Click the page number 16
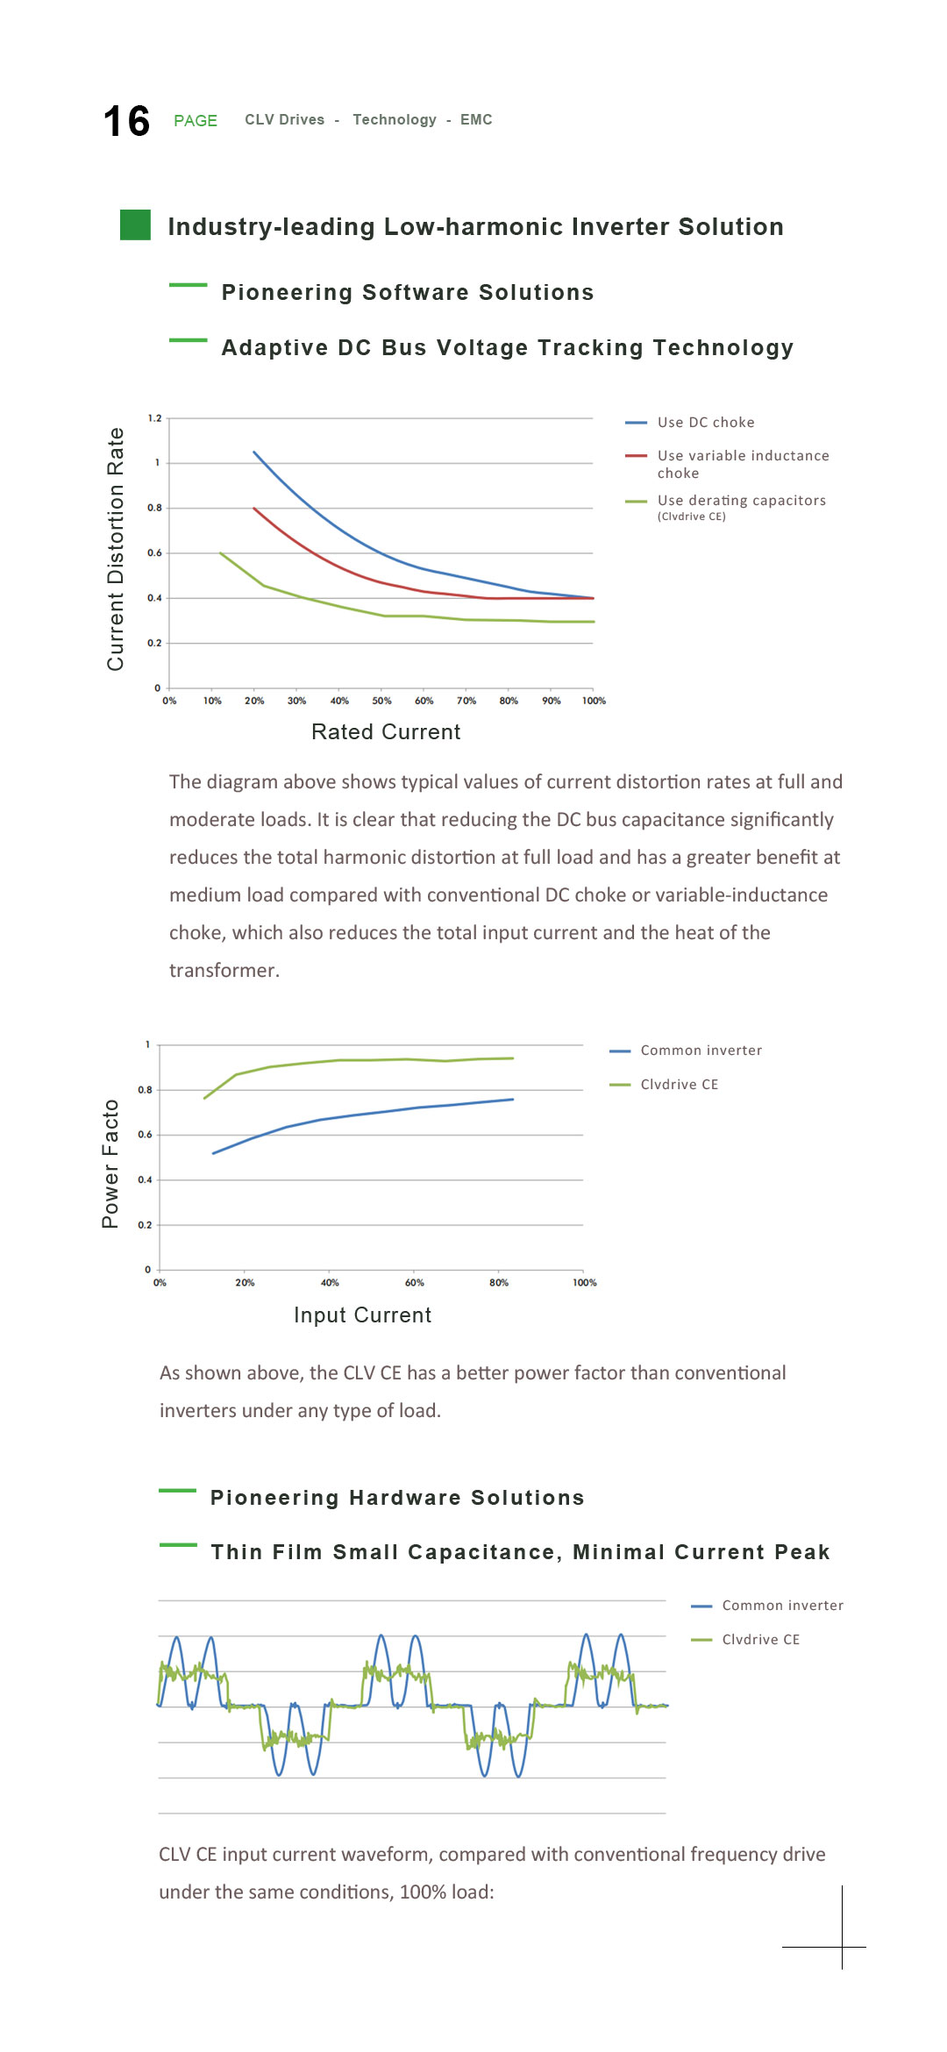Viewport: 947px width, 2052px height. click(126, 121)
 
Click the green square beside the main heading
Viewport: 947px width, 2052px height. click(135, 224)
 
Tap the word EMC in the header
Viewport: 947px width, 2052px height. click(476, 119)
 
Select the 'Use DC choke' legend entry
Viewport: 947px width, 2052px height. click(689, 422)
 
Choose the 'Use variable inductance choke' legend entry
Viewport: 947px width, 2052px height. click(727, 464)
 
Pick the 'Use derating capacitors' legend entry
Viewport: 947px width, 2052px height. click(725, 507)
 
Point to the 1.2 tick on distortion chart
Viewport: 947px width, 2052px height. click(154, 418)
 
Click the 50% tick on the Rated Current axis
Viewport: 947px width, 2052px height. click(381, 701)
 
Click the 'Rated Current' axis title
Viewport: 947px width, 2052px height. click(386, 731)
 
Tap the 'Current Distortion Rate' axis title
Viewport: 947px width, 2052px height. click(115, 550)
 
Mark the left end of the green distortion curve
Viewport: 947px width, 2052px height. click(220, 553)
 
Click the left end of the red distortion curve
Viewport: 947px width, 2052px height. click(254, 508)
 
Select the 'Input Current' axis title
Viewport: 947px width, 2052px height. click(363, 1315)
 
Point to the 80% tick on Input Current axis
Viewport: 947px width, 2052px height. click(499, 1282)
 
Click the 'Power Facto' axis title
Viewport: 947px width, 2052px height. click(110, 1164)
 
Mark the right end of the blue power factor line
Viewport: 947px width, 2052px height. click(513, 1099)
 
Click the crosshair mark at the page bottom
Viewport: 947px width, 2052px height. click(842, 1947)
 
